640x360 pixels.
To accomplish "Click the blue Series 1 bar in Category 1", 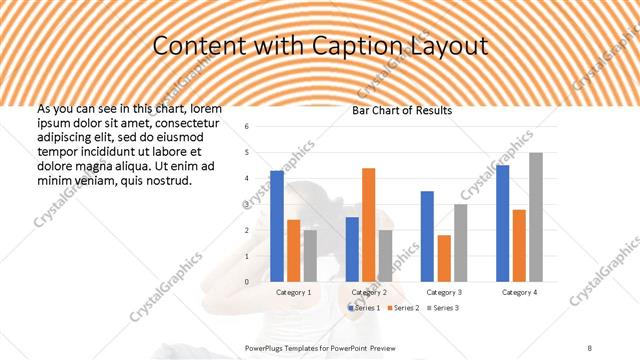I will click(277, 226).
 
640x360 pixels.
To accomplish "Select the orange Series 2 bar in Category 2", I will click(368, 225).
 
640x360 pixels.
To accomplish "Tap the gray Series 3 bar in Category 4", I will click(536, 217).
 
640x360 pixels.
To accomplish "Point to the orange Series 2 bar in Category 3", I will click(443, 259).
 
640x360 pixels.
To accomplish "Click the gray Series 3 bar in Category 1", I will click(310, 256).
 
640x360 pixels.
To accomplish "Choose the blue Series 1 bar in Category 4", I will click(502, 223).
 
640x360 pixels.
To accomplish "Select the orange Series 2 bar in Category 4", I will click(519, 245).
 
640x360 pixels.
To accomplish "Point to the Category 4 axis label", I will click(519, 292).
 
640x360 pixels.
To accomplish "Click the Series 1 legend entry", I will click(364, 308).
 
